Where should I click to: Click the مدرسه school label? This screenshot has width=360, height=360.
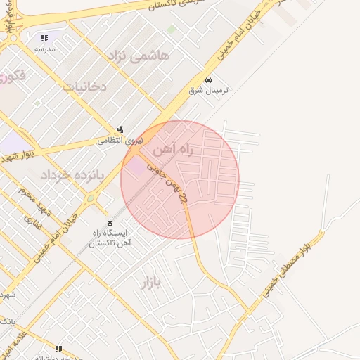45,49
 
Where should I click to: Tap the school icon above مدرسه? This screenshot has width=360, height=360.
45,38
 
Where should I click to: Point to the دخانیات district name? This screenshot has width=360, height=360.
84,87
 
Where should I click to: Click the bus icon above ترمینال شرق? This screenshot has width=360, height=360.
208,79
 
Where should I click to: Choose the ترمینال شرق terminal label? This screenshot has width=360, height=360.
209,91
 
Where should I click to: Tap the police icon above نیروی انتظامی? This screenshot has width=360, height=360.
121,129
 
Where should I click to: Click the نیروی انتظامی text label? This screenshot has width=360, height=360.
120,141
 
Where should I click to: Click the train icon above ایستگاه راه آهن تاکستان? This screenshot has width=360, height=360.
109,221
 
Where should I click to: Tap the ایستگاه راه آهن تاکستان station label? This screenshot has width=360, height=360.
109,238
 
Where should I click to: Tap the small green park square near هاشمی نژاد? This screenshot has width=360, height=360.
172,30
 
